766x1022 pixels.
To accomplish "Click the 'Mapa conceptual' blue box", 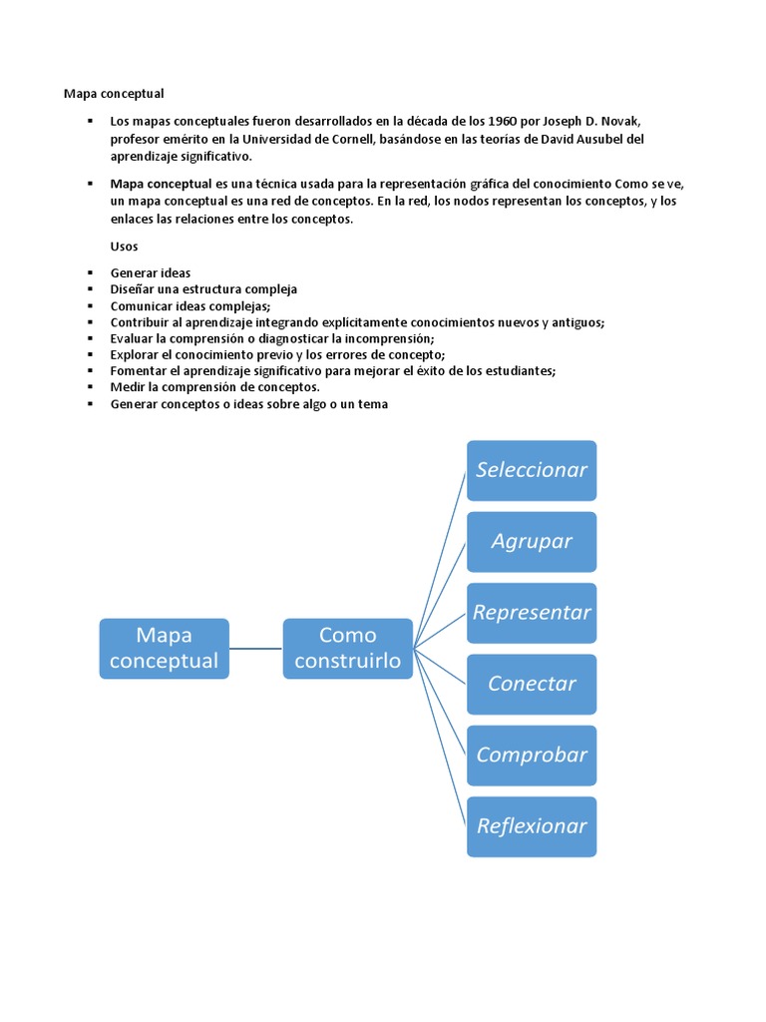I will (164, 648).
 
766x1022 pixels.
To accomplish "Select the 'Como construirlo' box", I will (347, 648).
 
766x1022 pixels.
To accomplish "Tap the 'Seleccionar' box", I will (532, 470).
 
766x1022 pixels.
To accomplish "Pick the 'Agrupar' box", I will (532, 541).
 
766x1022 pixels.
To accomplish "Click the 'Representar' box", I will (532, 613).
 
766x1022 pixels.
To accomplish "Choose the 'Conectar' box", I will (532, 684).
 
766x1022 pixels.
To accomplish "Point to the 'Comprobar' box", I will (532, 755).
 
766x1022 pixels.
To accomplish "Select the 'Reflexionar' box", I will (532, 826).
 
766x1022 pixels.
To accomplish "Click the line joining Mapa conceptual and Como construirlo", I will (256, 649).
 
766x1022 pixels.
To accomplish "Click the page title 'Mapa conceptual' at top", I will (114, 94).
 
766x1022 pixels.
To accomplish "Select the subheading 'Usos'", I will (125, 246).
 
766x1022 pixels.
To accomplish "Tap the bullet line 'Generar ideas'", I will (151, 272).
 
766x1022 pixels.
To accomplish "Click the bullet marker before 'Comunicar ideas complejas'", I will (89, 306).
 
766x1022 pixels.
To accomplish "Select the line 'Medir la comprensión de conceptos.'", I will (214, 387).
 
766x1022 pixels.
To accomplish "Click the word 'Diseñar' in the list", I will (132, 289).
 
